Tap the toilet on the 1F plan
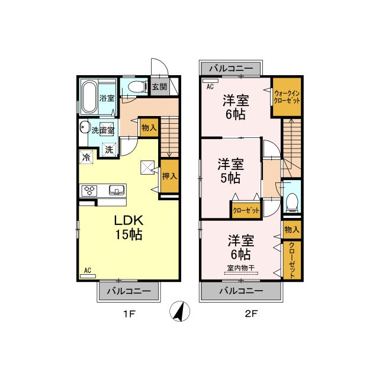[x=137, y=86]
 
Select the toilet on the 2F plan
[x=292, y=203]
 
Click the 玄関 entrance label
[x=159, y=86]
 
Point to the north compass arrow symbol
[x=179, y=311]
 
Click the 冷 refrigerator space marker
[x=86, y=157]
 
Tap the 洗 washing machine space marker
[x=109, y=150]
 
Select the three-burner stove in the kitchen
[x=89, y=191]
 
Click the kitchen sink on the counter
[x=117, y=190]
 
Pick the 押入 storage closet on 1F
[x=170, y=176]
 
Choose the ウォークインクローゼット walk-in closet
[x=287, y=97]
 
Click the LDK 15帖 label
[x=129, y=227]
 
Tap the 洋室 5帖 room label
[x=230, y=171]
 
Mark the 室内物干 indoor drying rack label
[x=241, y=268]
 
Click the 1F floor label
[x=129, y=314]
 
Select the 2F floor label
[x=251, y=314]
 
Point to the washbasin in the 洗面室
[x=84, y=127]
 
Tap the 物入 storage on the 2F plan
[x=292, y=229]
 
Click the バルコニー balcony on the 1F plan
[x=129, y=291]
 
